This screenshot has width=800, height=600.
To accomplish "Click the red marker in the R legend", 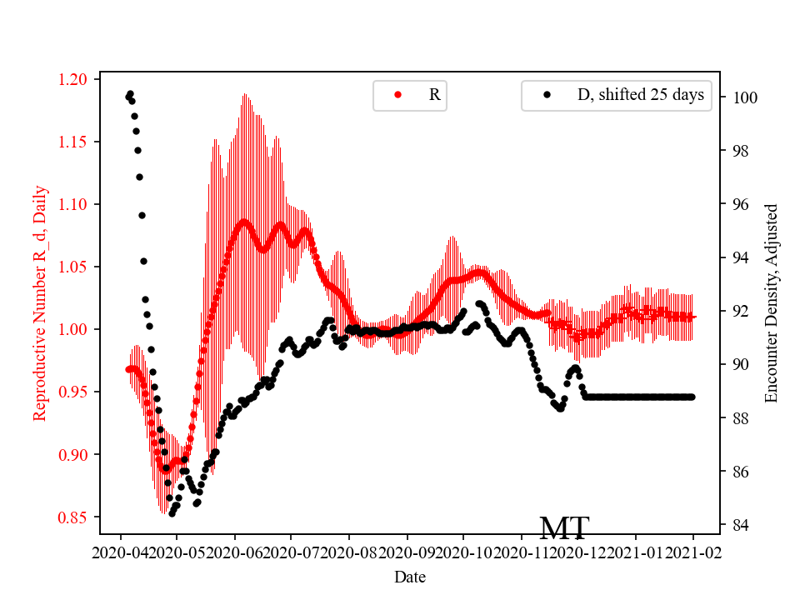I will (x=397, y=95).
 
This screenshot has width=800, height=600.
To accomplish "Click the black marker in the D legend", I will (x=547, y=95).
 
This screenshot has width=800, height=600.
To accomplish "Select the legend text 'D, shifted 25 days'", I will (x=640, y=95).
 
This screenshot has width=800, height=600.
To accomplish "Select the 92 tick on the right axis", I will (x=738, y=311).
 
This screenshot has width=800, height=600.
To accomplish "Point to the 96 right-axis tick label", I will (x=738, y=204).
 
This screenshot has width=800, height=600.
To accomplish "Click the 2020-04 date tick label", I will (x=121, y=552).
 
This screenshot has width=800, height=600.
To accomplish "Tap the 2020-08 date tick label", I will (x=349, y=552).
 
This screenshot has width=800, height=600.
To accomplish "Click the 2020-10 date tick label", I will (x=463, y=552).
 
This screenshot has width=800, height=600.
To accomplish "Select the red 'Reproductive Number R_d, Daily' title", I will (x=39, y=303).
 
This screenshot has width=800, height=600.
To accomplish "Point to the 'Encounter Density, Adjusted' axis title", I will (x=771, y=303).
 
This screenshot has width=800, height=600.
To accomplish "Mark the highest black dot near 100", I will (x=130, y=94).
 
